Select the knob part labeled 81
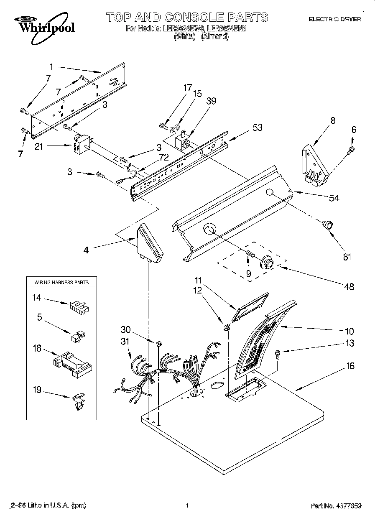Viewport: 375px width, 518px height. pyautogui.click(x=327, y=225)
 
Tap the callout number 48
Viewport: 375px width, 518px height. pyautogui.click(x=349, y=286)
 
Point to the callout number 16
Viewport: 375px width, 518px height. pyautogui.click(x=350, y=366)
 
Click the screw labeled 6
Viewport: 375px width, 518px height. pyautogui.click(x=352, y=149)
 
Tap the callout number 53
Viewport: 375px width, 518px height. pyautogui.click(x=258, y=128)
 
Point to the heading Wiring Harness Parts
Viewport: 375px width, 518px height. pyautogui.click(x=61, y=282)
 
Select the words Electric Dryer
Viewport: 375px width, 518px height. pyautogui.click(x=334, y=19)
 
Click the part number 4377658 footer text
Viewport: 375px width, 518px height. pyautogui.click(x=336, y=506)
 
